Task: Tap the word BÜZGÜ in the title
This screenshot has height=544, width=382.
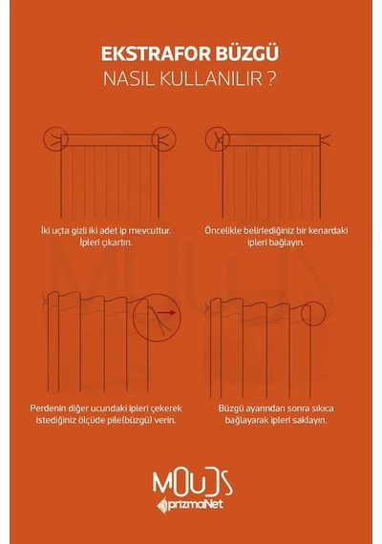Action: (247, 52)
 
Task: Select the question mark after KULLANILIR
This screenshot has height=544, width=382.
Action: (272, 78)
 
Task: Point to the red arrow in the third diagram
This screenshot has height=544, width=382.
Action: (166, 313)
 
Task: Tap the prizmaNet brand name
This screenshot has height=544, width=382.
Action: (196, 505)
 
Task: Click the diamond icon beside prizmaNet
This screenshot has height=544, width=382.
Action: (162, 506)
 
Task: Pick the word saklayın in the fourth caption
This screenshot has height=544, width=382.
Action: (310, 420)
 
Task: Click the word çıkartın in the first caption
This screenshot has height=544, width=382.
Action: (117, 242)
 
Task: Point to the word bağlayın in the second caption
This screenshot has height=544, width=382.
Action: (287, 242)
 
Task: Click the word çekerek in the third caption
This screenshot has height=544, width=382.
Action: (168, 408)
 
